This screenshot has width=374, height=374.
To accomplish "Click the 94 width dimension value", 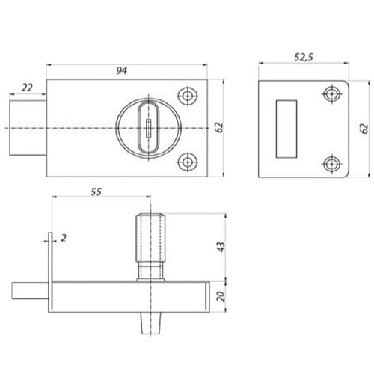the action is tap(122, 71).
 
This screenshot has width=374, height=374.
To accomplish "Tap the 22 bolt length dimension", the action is tap(27, 88).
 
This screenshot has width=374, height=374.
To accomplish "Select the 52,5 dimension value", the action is tap(304, 57).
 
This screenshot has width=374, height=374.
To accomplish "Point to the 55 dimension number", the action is tap(96, 191).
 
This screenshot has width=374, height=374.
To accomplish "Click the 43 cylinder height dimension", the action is tap(221, 247).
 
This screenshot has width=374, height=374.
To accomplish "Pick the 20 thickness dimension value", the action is tap(221, 296).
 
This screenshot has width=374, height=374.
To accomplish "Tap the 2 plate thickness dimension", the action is tap(64, 238).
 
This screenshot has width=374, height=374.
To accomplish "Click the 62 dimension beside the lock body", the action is tap(219, 128).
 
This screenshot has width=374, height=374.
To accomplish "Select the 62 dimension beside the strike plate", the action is tap(364, 129).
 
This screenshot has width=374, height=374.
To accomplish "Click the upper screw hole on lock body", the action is tap(187, 96).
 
